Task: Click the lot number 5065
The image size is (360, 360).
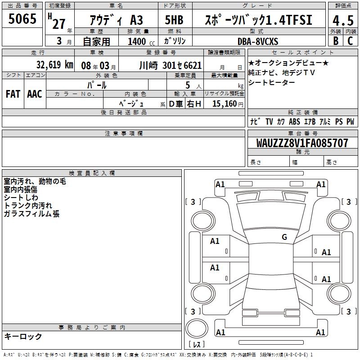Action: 22,19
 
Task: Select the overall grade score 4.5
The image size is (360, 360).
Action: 343,21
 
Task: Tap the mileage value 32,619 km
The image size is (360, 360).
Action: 54,65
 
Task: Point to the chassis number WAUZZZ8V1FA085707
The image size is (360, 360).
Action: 302,143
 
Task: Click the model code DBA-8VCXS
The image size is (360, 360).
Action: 258,41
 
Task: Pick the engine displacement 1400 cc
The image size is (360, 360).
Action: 141,41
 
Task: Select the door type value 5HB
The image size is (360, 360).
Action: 174,20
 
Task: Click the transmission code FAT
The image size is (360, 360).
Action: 13,94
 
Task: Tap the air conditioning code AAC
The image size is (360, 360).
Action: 35,94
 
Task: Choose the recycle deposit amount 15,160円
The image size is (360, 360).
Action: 228,104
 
